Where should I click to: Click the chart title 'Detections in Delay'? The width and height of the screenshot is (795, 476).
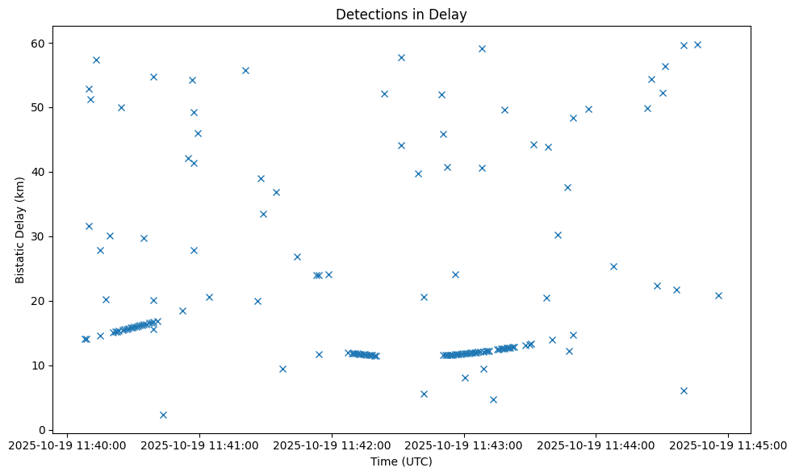click(401, 15)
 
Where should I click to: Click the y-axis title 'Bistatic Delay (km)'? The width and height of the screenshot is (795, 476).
click(20, 228)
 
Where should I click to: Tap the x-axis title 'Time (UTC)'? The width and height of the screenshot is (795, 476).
click(401, 461)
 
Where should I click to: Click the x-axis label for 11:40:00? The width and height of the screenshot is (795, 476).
click(68, 445)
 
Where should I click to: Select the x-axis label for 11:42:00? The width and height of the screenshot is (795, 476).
click(333, 445)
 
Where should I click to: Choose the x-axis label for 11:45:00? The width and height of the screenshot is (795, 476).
click(729, 445)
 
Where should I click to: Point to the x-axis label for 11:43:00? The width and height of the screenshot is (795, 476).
click(465, 445)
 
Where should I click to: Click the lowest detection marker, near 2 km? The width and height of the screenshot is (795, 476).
click(163, 415)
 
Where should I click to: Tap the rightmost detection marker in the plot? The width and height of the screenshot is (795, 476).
click(718, 295)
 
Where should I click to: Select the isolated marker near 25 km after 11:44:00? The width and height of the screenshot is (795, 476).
click(613, 266)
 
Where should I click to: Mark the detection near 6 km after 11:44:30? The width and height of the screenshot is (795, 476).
click(684, 390)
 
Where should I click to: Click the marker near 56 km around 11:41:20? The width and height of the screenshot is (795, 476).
click(245, 70)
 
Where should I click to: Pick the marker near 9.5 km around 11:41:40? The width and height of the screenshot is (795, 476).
click(282, 369)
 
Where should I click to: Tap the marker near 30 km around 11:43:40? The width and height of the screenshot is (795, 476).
click(558, 235)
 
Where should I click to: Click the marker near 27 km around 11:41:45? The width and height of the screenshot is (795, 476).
click(297, 257)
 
